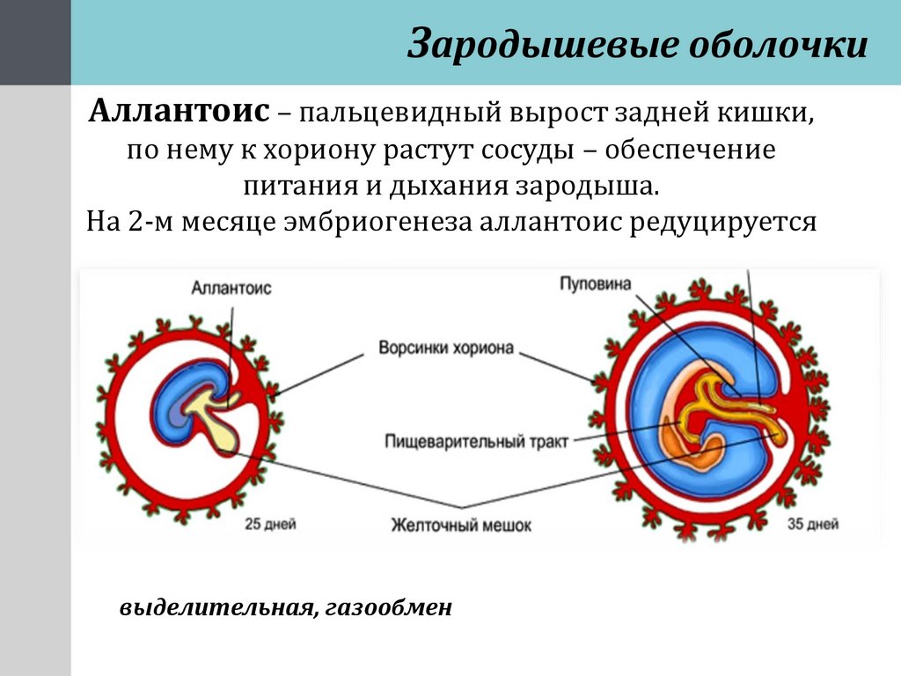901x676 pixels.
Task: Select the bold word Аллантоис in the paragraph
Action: (179, 112)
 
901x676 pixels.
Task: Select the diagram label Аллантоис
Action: (231, 288)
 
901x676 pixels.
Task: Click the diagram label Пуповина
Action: (594, 283)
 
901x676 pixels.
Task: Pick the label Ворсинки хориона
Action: (445, 348)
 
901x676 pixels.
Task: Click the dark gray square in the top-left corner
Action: (35, 42)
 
